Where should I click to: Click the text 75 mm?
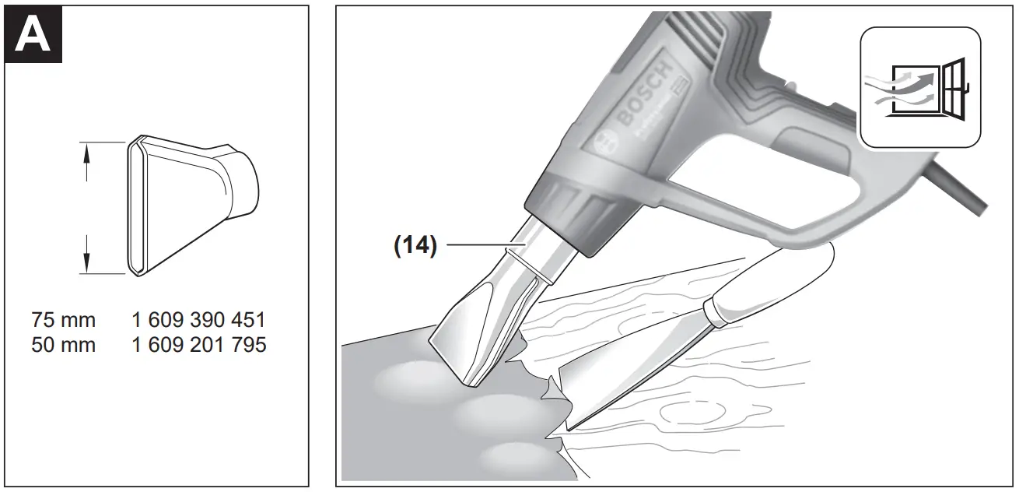tap(64, 320)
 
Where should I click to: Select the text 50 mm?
tap(64, 344)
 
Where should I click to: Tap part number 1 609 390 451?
tap(199, 320)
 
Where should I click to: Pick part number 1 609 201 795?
tap(199, 344)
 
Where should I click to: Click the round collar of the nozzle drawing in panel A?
tap(245, 182)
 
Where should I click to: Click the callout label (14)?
tap(414, 246)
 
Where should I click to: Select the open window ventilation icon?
tap(919, 86)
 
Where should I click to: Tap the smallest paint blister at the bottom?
tap(513, 455)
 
